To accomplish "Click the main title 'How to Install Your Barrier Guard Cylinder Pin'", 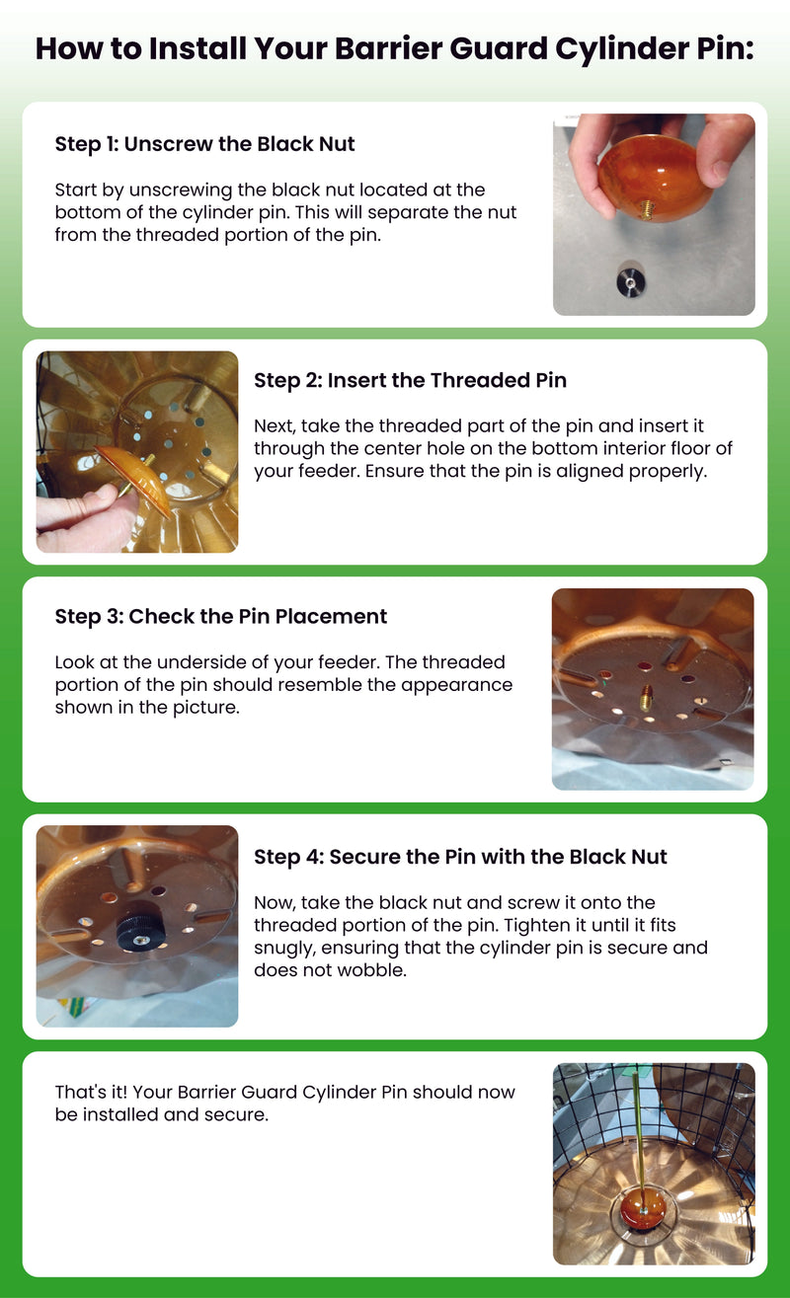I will [394, 48].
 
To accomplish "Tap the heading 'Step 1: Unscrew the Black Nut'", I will [204, 144].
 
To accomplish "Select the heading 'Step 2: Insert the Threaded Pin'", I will [410, 381].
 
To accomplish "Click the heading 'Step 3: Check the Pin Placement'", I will [220, 617].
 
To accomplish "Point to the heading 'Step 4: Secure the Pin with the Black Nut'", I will [460, 857].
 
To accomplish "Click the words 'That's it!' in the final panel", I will [91, 1093].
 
